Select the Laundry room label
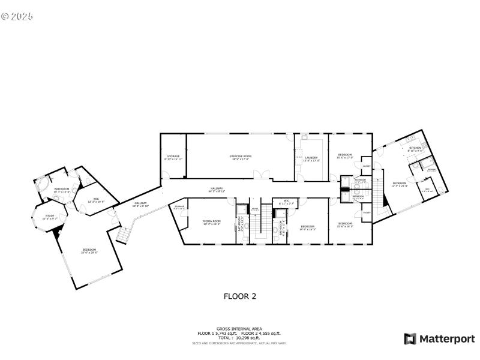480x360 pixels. pos(311,159)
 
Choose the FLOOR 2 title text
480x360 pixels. pos(240,295)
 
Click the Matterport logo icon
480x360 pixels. pos(410,338)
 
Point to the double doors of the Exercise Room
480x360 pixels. pos(259,175)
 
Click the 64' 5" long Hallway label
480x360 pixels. pos(215,190)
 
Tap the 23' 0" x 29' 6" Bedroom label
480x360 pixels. pos(89,251)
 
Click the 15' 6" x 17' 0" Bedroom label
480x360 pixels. pos(345,156)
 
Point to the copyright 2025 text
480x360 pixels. pos(16,16)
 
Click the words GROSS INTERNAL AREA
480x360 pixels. pos(240,329)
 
